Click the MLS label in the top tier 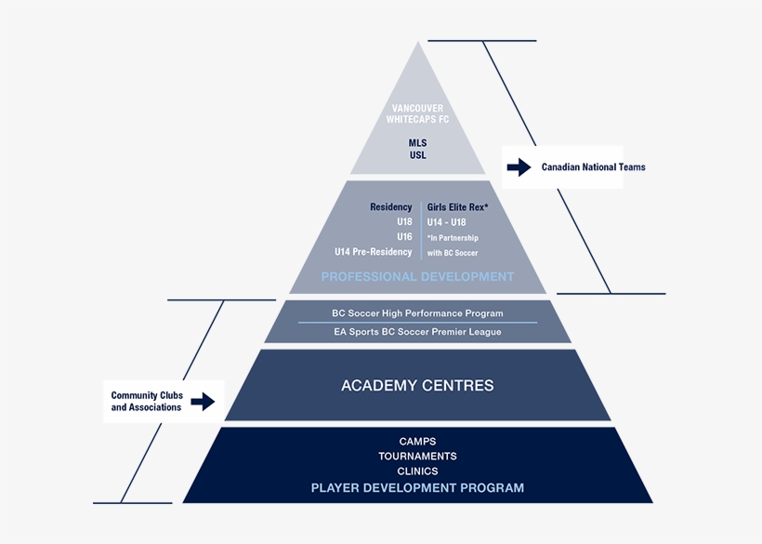(417, 142)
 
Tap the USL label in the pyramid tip (417, 155)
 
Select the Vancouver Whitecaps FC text (417, 114)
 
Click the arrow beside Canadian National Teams (519, 167)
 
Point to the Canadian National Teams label (593, 167)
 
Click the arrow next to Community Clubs (203, 401)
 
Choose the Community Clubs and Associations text (146, 401)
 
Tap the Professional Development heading (417, 276)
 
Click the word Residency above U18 (390, 206)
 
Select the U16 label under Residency (403, 236)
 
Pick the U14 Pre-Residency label (373, 252)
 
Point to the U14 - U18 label (446, 222)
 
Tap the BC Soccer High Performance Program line (417, 313)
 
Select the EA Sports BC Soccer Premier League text (417, 332)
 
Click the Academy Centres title (417, 385)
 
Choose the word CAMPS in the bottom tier (417, 441)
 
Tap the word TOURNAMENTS (417, 456)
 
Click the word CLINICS (417, 471)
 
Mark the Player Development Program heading (417, 487)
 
